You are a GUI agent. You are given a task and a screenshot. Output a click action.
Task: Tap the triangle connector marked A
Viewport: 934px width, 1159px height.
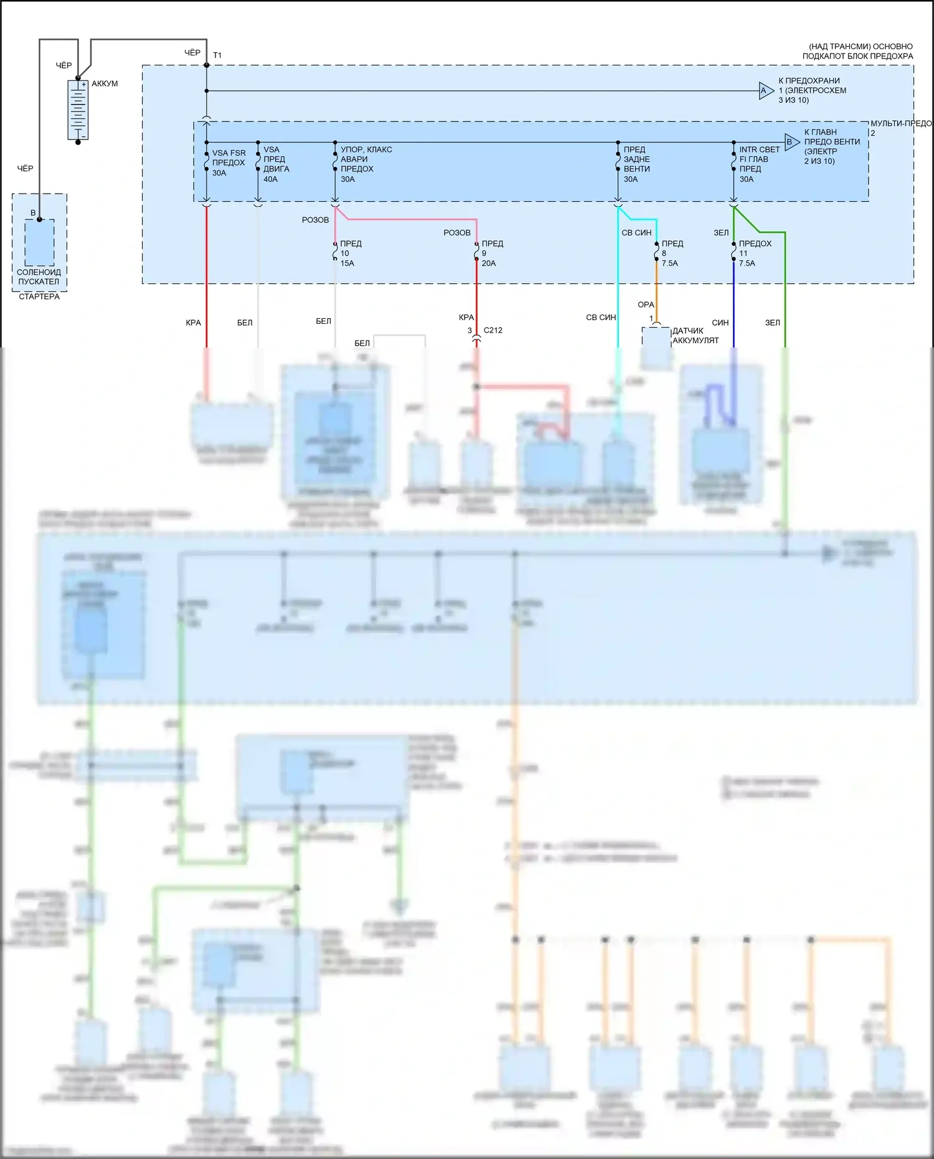point(766,91)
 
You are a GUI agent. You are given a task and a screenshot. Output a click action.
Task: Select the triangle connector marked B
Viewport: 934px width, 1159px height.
point(791,142)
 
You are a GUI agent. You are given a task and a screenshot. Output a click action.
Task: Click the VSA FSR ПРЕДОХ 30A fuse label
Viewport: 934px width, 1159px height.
point(229,163)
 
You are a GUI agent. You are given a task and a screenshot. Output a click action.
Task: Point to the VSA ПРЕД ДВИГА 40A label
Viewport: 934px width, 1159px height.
point(276,164)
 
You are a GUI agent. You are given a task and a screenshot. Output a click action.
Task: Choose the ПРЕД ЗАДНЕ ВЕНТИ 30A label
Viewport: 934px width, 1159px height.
point(636,164)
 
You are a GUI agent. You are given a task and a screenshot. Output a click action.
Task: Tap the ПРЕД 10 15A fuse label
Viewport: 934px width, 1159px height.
point(351,253)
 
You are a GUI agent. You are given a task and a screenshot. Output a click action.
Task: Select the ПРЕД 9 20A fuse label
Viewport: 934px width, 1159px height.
point(492,253)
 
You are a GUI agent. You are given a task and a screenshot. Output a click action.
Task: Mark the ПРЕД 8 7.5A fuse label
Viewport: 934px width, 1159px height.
point(672,253)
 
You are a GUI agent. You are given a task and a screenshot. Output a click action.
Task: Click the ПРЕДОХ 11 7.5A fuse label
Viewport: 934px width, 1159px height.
point(755,253)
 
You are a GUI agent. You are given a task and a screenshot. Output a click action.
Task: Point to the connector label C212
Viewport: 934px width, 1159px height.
point(493,331)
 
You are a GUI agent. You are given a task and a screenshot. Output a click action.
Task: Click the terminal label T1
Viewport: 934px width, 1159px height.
point(217,55)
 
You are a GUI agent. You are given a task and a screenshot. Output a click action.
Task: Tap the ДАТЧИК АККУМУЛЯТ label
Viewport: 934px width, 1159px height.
point(695,336)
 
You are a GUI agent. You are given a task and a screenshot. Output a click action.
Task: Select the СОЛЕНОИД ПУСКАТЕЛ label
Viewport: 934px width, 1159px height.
point(39,277)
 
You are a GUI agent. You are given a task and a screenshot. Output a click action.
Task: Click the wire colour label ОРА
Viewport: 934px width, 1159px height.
point(646,305)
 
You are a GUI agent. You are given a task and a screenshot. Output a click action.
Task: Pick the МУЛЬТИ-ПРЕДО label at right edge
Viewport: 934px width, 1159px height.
point(900,124)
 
